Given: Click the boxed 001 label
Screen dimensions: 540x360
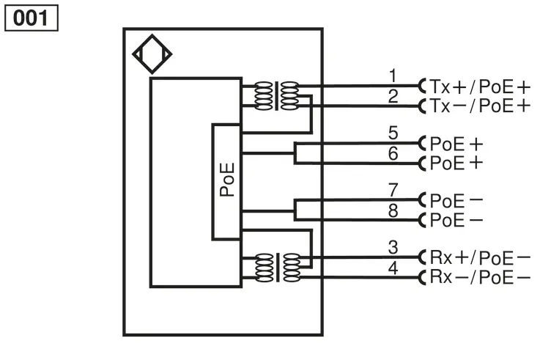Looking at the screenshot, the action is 32,18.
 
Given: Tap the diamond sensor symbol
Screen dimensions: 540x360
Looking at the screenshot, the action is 152,54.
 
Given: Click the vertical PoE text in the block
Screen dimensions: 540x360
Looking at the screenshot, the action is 227,180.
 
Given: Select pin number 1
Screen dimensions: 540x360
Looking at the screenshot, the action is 393,76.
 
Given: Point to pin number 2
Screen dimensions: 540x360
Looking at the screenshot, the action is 393,96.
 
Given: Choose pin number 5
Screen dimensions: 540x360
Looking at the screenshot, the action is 393,133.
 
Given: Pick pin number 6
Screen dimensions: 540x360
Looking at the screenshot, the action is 393,154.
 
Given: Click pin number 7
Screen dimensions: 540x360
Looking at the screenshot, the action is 393,190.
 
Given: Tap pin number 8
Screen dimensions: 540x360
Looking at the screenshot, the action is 393,210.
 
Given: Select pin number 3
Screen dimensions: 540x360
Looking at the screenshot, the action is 393,247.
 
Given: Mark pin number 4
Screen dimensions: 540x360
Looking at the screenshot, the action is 393,268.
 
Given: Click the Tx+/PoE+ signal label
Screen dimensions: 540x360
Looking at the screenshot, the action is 480,87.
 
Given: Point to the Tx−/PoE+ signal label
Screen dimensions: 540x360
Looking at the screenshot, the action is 480,106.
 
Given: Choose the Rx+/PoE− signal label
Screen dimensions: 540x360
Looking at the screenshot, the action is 480,257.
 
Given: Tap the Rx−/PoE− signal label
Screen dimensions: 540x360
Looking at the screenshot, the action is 480,276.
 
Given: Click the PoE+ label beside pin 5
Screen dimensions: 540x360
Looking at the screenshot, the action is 456,144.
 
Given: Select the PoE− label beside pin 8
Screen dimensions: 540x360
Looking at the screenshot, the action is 456,220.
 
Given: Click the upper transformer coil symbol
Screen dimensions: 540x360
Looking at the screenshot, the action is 276,96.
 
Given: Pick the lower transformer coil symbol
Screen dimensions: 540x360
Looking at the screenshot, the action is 278,268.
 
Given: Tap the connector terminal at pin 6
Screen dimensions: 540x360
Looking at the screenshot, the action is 421,164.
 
